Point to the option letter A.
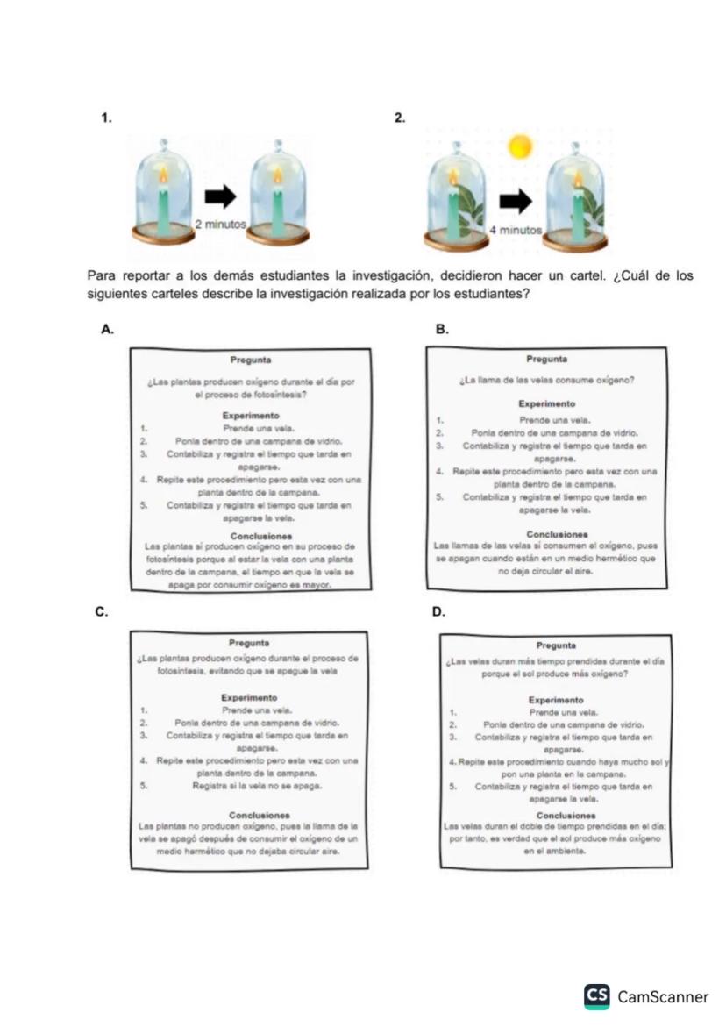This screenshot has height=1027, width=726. [107, 330]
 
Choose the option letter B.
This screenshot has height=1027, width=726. [443, 330]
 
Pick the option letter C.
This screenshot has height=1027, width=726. [102, 611]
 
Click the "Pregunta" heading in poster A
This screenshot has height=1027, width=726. [250, 360]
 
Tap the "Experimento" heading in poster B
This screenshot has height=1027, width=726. [546, 403]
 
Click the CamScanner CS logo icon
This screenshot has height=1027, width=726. [597, 995]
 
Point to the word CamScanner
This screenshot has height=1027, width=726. [663, 996]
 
